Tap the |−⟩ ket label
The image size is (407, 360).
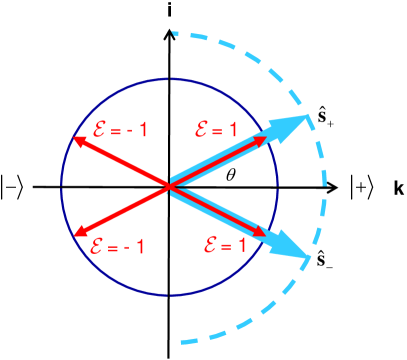19,185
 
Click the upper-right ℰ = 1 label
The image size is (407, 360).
217,127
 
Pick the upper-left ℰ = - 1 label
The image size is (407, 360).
109,127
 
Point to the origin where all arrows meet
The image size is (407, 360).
170,186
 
